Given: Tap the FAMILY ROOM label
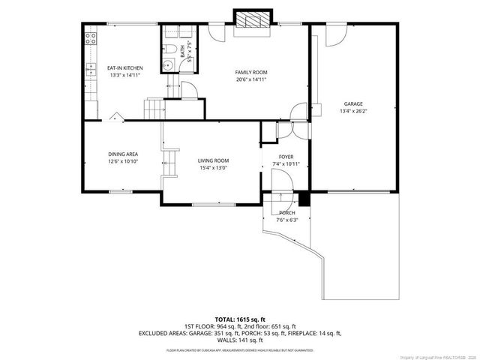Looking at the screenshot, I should (250, 72).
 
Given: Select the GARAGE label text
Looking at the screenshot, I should (353, 103).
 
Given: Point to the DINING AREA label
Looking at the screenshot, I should (122, 154).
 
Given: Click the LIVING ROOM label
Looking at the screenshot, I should (213, 160).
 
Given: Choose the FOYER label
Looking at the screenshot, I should (286, 157).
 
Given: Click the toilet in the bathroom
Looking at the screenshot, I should (169, 50).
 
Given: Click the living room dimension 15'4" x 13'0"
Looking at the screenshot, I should (213, 168).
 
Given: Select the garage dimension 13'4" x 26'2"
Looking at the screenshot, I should (353, 111).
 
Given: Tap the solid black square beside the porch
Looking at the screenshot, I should (304, 199).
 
